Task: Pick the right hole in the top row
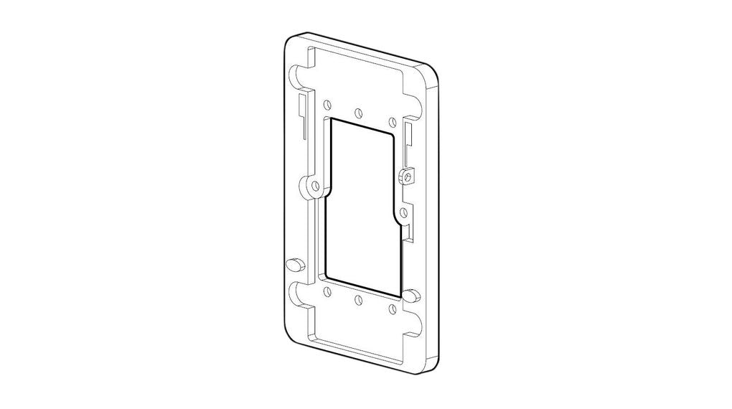pyautogui.click(x=391, y=120)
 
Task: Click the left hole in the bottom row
pyautogui.click(x=327, y=291)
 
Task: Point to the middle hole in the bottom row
pyautogui.click(x=357, y=300)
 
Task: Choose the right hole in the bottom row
pyautogui.click(x=391, y=309)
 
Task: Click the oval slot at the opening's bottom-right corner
pyautogui.click(x=411, y=294)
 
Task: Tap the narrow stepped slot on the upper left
pyautogui.click(x=304, y=115)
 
